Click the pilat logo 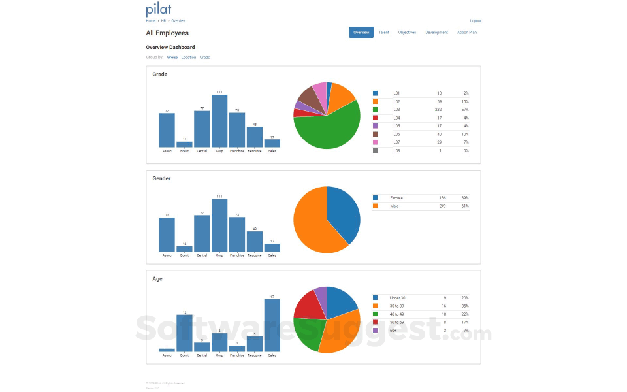pyautogui.click(x=159, y=10)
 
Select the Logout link pyautogui.click(x=475, y=21)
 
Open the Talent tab pyautogui.click(x=384, y=33)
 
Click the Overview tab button pyautogui.click(x=361, y=33)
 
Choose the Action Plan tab pyautogui.click(x=467, y=33)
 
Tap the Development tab pyautogui.click(x=436, y=33)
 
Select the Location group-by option pyautogui.click(x=189, y=57)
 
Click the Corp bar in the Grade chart pyautogui.click(x=219, y=121)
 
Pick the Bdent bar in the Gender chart pyautogui.click(x=184, y=249)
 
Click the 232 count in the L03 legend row pyautogui.click(x=438, y=110)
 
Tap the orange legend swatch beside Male pyautogui.click(x=376, y=206)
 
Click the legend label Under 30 pyautogui.click(x=397, y=298)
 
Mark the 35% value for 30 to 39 pyautogui.click(x=464, y=306)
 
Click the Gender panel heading pyautogui.click(x=161, y=178)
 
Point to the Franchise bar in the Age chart pyautogui.click(x=237, y=349)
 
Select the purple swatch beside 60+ pyautogui.click(x=376, y=331)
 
